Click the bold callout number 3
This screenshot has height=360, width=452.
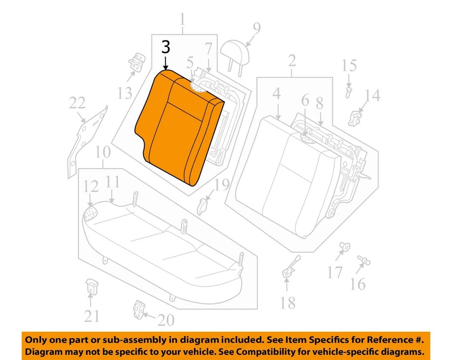165,48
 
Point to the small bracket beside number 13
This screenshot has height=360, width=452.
137,63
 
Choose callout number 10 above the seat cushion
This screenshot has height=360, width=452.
102,152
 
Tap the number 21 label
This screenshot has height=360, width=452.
91,316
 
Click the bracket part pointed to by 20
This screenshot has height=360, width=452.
138,308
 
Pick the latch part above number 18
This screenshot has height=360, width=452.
289,267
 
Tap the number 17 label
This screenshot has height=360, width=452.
335,272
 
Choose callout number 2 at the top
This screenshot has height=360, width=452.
292,60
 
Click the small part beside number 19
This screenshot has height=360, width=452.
203,204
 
